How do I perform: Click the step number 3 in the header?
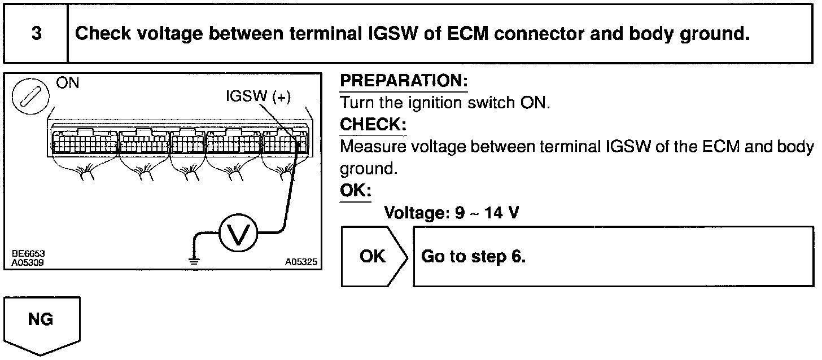click(x=36, y=34)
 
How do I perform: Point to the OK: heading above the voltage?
click(x=355, y=190)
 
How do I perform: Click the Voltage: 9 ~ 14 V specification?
click(x=451, y=213)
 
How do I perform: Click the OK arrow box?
click(x=373, y=257)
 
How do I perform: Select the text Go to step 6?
click(x=473, y=257)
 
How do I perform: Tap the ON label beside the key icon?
click(x=68, y=84)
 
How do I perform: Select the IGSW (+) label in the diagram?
click(x=259, y=97)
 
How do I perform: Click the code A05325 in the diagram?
click(x=301, y=262)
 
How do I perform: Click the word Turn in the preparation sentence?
click(x=355, y=103)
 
